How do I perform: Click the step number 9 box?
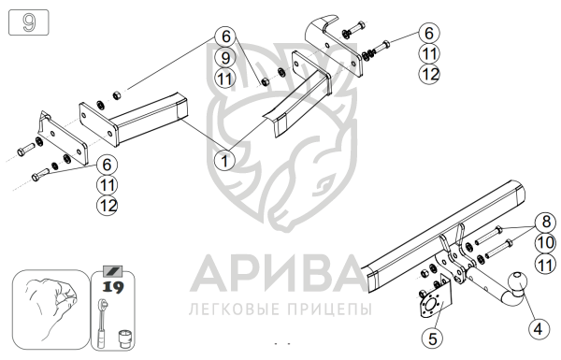[29, 22]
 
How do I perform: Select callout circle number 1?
[224, 161]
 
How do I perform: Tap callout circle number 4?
[539, 329]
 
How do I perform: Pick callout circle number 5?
[433, 338]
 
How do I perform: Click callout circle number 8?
[546, 222]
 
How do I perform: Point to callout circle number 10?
[546, 243]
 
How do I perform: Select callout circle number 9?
[225, 58]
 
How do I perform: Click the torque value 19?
[113, 287]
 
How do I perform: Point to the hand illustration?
[51, 310]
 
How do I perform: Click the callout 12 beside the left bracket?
[107, 206]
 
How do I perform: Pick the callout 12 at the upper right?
[429, 74]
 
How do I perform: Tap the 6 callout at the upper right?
[429, 33]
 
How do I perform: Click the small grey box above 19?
[113, 271]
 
